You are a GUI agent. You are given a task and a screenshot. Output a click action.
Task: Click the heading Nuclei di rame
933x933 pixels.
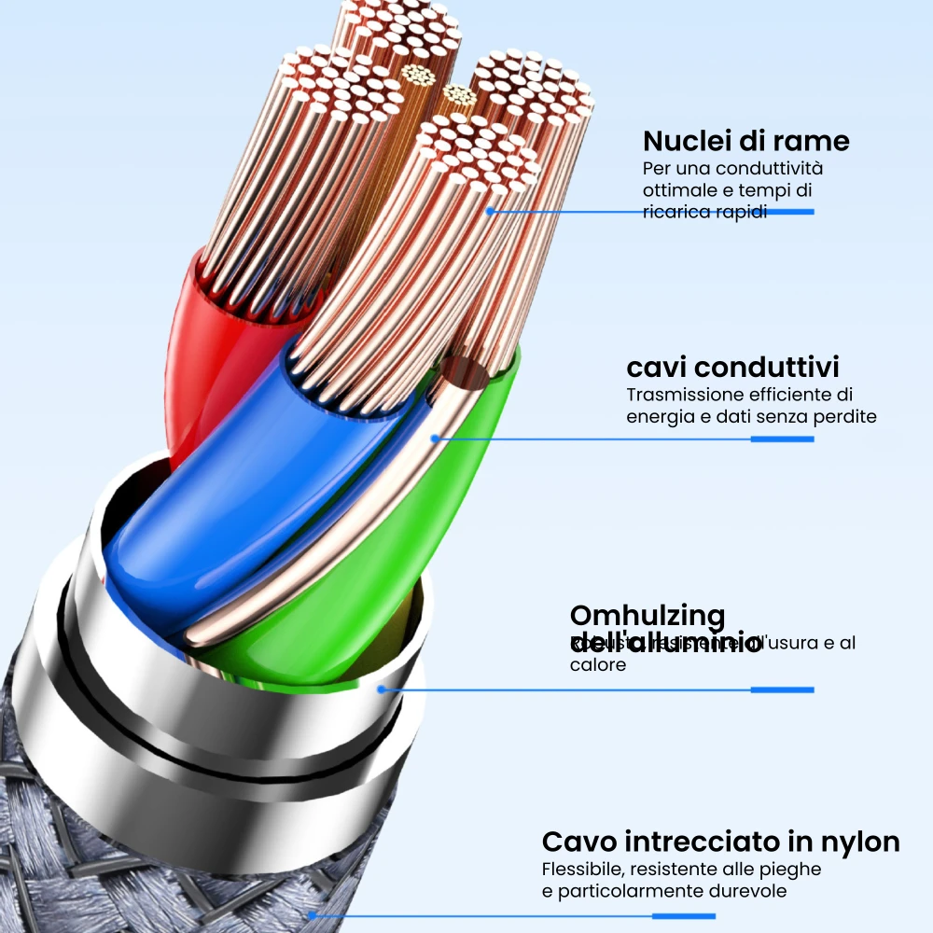pos(746,141)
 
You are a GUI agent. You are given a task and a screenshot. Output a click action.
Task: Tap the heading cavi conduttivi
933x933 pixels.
pos(732,366)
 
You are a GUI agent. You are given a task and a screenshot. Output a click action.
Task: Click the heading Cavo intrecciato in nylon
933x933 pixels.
pos(720,842)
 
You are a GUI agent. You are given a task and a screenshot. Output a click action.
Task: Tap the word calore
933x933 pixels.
pos(598,665)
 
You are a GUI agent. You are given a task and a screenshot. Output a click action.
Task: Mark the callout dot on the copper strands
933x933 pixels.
pos(489,212)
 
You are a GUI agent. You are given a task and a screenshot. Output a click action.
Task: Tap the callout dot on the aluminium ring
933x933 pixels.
pos(381,689)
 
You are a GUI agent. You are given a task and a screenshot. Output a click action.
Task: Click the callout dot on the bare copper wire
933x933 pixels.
pos(434,439)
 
